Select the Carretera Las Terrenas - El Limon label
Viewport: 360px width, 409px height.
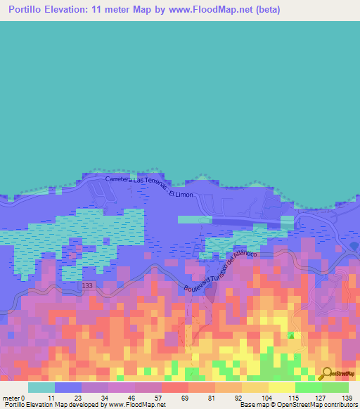(148, 187)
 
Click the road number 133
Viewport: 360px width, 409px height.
(86, 285)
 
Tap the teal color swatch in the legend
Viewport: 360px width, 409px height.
(41, 387)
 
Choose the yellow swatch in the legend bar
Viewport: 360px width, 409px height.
(281, 387)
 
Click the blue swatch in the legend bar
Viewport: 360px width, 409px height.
(67, 387)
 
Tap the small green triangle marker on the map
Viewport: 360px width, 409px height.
(291, 335)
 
